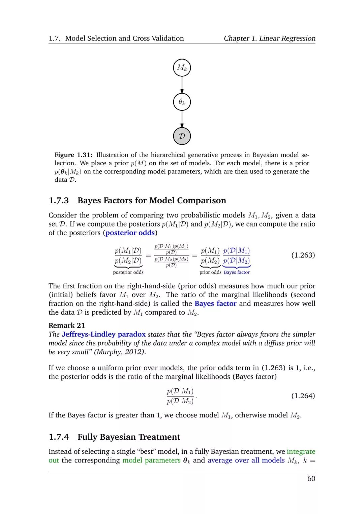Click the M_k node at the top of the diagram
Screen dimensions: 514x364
[182, 68]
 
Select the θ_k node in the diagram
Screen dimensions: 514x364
[182, 102]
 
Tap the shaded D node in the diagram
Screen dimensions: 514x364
[182, 136]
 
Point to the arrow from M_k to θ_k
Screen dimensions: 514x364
[182, 85]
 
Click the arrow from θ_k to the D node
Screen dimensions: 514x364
[182, 119]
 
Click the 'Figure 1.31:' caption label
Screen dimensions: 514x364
[73, 155]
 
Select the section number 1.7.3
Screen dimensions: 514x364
[59, 201]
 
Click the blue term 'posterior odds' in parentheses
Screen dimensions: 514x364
[130, 233]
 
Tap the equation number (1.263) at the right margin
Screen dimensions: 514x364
[303, 255]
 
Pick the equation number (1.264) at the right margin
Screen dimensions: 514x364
[303, 396]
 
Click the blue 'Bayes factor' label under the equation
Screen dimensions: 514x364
[237, 272]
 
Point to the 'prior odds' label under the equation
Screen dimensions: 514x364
[210, 272]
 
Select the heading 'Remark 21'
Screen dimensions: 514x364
[67, 325]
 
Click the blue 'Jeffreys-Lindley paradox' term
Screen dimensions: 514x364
[104, 334]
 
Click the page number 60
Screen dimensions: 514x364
[311, 479]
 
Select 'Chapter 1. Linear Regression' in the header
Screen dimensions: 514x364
[270, 38]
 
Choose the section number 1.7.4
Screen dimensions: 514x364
[59, 437]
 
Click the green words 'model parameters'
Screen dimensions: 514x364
[151, 460]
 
